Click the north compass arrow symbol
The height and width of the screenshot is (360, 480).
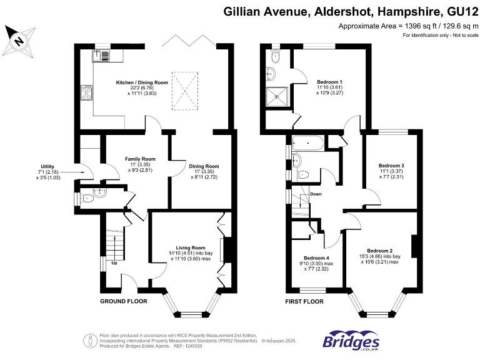pyautogui.click(x=19, y=41)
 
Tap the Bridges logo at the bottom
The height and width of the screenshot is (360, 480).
pyautogui.click(x=351, y=341)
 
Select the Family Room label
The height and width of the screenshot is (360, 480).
pyautogui.click(x=140, y=159)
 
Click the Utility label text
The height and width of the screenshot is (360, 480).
pyautogui.click(x=47, y=166)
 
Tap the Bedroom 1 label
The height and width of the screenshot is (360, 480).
pyautogui.click(x=329, y=82)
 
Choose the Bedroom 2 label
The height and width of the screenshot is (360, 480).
pyautogui.click(x=380, y=251)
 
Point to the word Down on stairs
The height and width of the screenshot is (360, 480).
pyautogui.click(x=316, y=194)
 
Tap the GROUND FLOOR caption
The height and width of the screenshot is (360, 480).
pyautogui.click(x=124, y=301)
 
